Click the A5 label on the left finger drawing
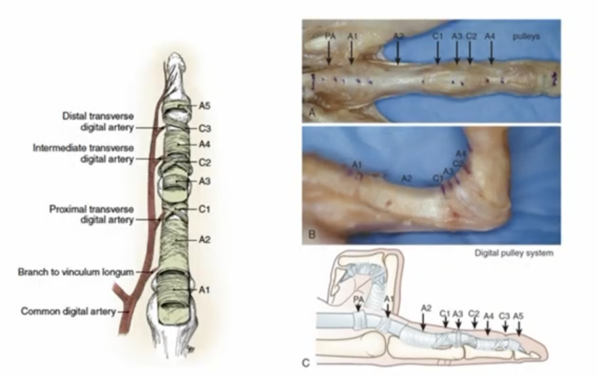click(204, 106)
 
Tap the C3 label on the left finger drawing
click(204, 129)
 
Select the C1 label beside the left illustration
click(204, 209)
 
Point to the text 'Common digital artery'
click(68, 312)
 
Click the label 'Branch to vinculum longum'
click(76, 272)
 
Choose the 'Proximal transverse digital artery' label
click(92, 215)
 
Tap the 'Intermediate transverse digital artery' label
click(84, 153)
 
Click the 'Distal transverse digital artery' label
click(98, 122)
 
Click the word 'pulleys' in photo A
click(526, 37)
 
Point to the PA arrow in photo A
click(329, 52)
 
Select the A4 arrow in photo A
click(491, 52)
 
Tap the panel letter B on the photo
click(312, 234)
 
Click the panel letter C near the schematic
click(306, 363)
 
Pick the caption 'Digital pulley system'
click(514, 253)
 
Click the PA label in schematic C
click(359, 299)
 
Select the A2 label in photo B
click(406, 178)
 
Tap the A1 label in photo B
click(357, 165)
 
